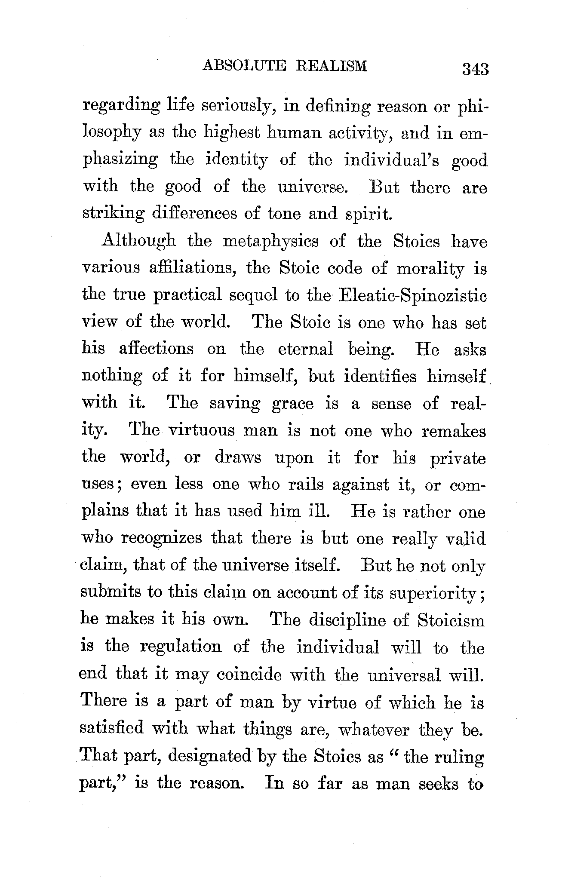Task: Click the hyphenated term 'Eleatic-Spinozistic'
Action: click(412, 295)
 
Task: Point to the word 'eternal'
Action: click(305, 349)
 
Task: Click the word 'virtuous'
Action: click(201, 431)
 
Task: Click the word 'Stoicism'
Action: click(451, 621)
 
